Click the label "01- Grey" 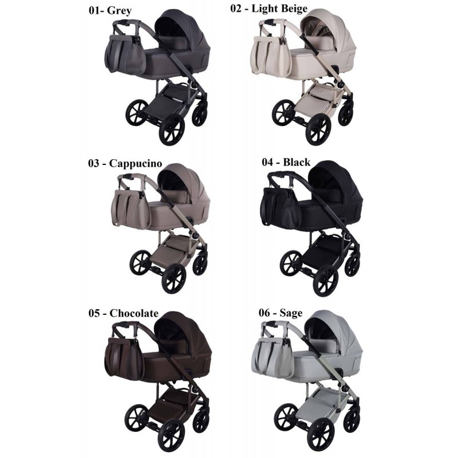pyautogui.click(x=110, y=10)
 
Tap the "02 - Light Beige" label pyautogui.click(x=269, y=9)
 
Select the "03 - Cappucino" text pyautogui.click(x=125, y=163)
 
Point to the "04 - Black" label pyautogui.click(x=286, y=162)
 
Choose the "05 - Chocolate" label pyautogui.click(x=123, y=313)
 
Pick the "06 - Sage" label pyautogui.click(x=281, y=313)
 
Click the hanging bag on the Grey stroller pyautogui.click(x=125, y=54)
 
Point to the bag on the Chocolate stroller pyautogui.click(x=124, y=358)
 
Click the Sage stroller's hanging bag pyautogui.click(x=273, y=358)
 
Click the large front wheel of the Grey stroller pyautogui.click(x=172, y=129)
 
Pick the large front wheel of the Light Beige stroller pyautogui.click(x=318, y=130)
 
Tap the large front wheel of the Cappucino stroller pyautogui.click(x=174, y=278)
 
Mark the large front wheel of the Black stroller pyautogui.click(x=326, y=281)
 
